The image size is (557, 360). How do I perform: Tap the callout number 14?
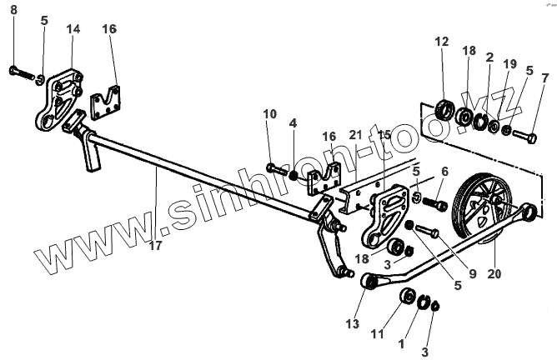(73, 29)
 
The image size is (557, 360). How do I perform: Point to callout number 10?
(268, 113)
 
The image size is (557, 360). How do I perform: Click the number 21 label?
(356, 134)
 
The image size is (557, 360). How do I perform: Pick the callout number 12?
(441, 41)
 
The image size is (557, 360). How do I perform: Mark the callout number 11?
(377, 335)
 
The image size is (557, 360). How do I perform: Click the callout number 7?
(544, 78)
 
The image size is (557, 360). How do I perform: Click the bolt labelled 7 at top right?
(521, 132)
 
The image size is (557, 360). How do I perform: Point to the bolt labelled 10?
(277, 170)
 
